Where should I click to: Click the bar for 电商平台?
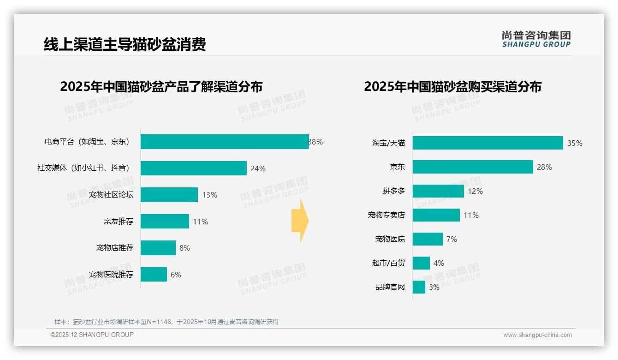(x=225, y=142)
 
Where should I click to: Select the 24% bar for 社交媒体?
(x=194, y=168)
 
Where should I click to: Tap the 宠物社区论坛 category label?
(x=111, y=195)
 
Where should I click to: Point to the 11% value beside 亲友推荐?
(x=201, y=222)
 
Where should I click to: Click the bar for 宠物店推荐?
(x=158, y=248)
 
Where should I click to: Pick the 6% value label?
(x=176, y=275)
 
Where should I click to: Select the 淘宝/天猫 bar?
(x=488, y=143)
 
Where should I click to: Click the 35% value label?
(x=575, y=143)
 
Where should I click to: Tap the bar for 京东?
(x=473, y=167)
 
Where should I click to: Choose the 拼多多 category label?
(x=394, y=191)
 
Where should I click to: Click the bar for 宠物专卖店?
(x=436, y=215)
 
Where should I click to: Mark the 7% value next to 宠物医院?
(x=452, y=239)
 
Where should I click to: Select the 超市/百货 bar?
(x=421, y=263)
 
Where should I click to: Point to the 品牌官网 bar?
(x=419, y=287)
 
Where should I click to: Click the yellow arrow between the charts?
(x=300, y=221)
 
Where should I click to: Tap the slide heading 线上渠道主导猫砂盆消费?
(x=125, y=44)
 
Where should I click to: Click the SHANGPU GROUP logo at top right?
(x=536, y=39)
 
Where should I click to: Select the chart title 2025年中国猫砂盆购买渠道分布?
(x=452, y=87)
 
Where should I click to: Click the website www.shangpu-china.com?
(x=537, y=335)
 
